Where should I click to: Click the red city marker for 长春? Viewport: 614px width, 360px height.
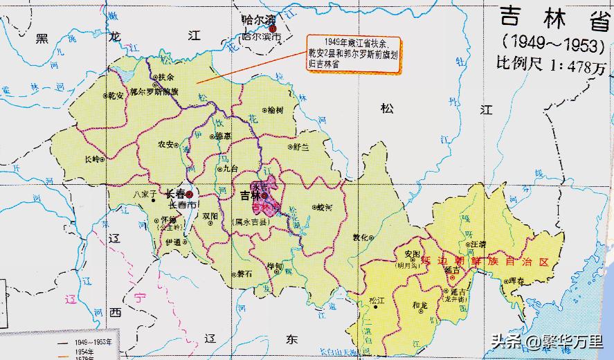tap(190, 195)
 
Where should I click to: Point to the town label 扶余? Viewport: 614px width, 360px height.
tap(165, 77)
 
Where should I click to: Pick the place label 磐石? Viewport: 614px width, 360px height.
tap(244, 273)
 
